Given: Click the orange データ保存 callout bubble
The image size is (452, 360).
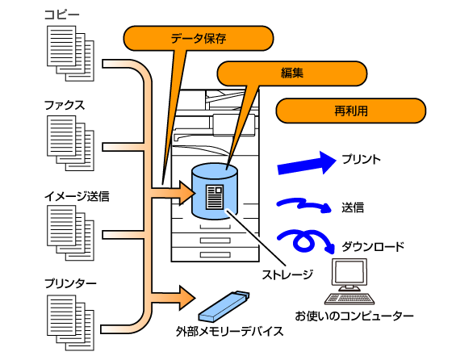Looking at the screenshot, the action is (199, 38).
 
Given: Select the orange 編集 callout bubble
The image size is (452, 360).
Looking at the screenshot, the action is (291, 73).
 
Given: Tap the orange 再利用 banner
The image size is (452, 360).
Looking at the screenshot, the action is (351, 111).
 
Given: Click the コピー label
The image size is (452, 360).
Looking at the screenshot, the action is (61, 15).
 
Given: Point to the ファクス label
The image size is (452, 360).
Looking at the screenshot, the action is (65, 105).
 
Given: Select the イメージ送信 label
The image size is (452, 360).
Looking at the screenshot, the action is (77, 196).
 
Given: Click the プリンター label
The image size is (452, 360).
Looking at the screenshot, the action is (70, 283).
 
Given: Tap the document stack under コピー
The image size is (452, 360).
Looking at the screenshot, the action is (71, 53).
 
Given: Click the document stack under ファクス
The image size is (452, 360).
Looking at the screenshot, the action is (71, 143).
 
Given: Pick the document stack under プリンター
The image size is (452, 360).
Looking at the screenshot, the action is (71, 323).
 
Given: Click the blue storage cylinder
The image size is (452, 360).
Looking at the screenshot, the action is (215, 191).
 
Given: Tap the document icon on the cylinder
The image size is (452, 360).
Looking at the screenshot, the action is (215, 197).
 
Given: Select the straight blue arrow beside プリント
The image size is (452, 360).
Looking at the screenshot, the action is (307, 163).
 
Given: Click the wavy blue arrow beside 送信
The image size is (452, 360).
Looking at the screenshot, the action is (303, 205).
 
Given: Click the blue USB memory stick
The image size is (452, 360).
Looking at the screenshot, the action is (224, 306).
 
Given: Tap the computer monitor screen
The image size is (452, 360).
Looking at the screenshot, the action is (349, 273).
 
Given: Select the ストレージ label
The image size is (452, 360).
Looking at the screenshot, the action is (287, 274).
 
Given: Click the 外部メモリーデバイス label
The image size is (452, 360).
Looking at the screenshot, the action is (230, 332).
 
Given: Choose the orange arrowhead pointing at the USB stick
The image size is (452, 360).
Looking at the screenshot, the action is (187, 298).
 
